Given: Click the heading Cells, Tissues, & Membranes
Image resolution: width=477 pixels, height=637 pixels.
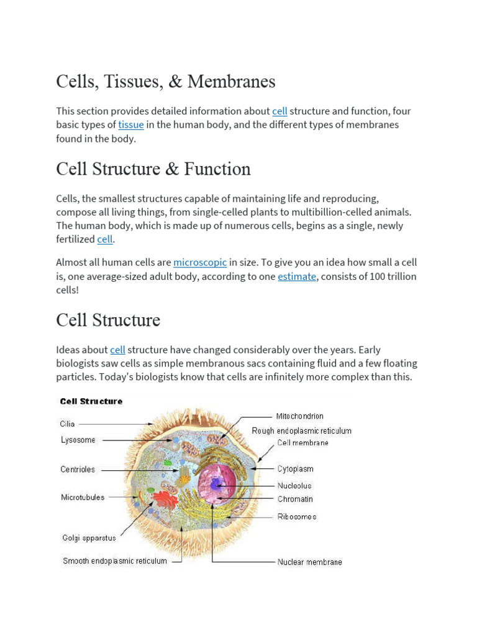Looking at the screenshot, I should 165,81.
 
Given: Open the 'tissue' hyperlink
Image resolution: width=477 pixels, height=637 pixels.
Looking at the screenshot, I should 131,124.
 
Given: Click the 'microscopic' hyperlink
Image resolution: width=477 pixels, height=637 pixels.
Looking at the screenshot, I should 200,262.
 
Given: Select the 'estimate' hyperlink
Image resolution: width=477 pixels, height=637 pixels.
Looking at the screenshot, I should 297,276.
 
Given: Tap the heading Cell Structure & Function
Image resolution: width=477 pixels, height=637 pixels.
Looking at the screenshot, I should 153,169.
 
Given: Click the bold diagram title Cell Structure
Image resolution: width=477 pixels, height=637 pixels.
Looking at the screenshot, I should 91,402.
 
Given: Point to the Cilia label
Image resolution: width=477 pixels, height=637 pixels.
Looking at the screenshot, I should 68,424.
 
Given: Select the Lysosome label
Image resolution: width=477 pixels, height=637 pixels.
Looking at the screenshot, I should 78,440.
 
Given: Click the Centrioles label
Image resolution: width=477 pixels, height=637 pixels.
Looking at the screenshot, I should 78,470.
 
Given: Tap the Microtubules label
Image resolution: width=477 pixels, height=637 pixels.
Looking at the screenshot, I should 83,497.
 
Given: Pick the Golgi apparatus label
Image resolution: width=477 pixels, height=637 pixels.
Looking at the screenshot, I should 89,538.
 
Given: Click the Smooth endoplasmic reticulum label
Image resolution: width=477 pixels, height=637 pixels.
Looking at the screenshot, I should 115,561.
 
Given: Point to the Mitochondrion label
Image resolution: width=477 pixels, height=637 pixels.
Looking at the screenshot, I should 300,416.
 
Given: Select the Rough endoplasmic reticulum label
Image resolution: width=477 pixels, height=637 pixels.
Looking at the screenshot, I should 302,430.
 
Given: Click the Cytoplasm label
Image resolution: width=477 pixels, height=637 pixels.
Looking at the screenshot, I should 295,469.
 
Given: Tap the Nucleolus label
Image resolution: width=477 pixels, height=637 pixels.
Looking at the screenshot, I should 294,485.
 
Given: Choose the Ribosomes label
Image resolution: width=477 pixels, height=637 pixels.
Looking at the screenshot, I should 296,516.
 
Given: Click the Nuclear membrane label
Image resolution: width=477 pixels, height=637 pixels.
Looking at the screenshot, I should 309,562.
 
